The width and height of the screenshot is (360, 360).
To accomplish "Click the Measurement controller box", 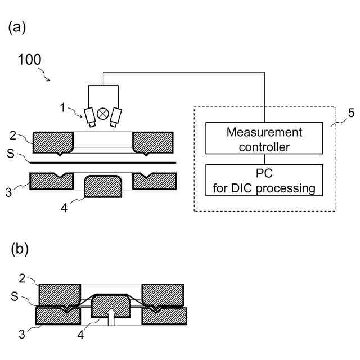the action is (x=264, y=138).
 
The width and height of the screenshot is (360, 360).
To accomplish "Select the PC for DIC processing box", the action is (x=264, y=180).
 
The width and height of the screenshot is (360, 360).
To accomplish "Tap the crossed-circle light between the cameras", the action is (x=102, y=114).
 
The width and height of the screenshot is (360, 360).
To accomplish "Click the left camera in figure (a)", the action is (x=90, y=117).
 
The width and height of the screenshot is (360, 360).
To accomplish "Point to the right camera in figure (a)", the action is (x=116, y=117).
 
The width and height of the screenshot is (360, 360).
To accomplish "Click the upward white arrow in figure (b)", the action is (x=111, y=317).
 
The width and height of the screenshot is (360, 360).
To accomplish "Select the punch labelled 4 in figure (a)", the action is (x=103, y=186).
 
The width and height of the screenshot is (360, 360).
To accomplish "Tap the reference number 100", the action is (x=29, y=60).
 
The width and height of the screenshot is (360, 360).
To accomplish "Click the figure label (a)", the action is (x=17, y=28).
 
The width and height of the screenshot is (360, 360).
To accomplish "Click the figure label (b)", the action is (x=20, y=249).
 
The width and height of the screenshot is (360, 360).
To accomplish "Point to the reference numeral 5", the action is (x=351, y=113).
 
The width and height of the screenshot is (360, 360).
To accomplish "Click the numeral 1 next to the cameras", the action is (x=62, y=107).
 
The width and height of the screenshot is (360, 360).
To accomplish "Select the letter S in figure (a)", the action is (x=11, y=154).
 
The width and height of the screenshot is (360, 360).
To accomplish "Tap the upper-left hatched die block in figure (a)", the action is (x=53, y=143).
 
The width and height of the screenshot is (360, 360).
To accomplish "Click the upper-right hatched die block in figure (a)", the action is (x=153, y=143).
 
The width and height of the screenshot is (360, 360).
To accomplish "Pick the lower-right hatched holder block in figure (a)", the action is (x=155, y=181).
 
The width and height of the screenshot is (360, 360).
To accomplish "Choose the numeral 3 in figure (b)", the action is (x=21, y=334).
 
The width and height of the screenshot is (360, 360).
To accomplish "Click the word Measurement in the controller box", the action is (x=264, y=132).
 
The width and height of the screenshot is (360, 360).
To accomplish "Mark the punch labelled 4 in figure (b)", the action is (x=111, y=306).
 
